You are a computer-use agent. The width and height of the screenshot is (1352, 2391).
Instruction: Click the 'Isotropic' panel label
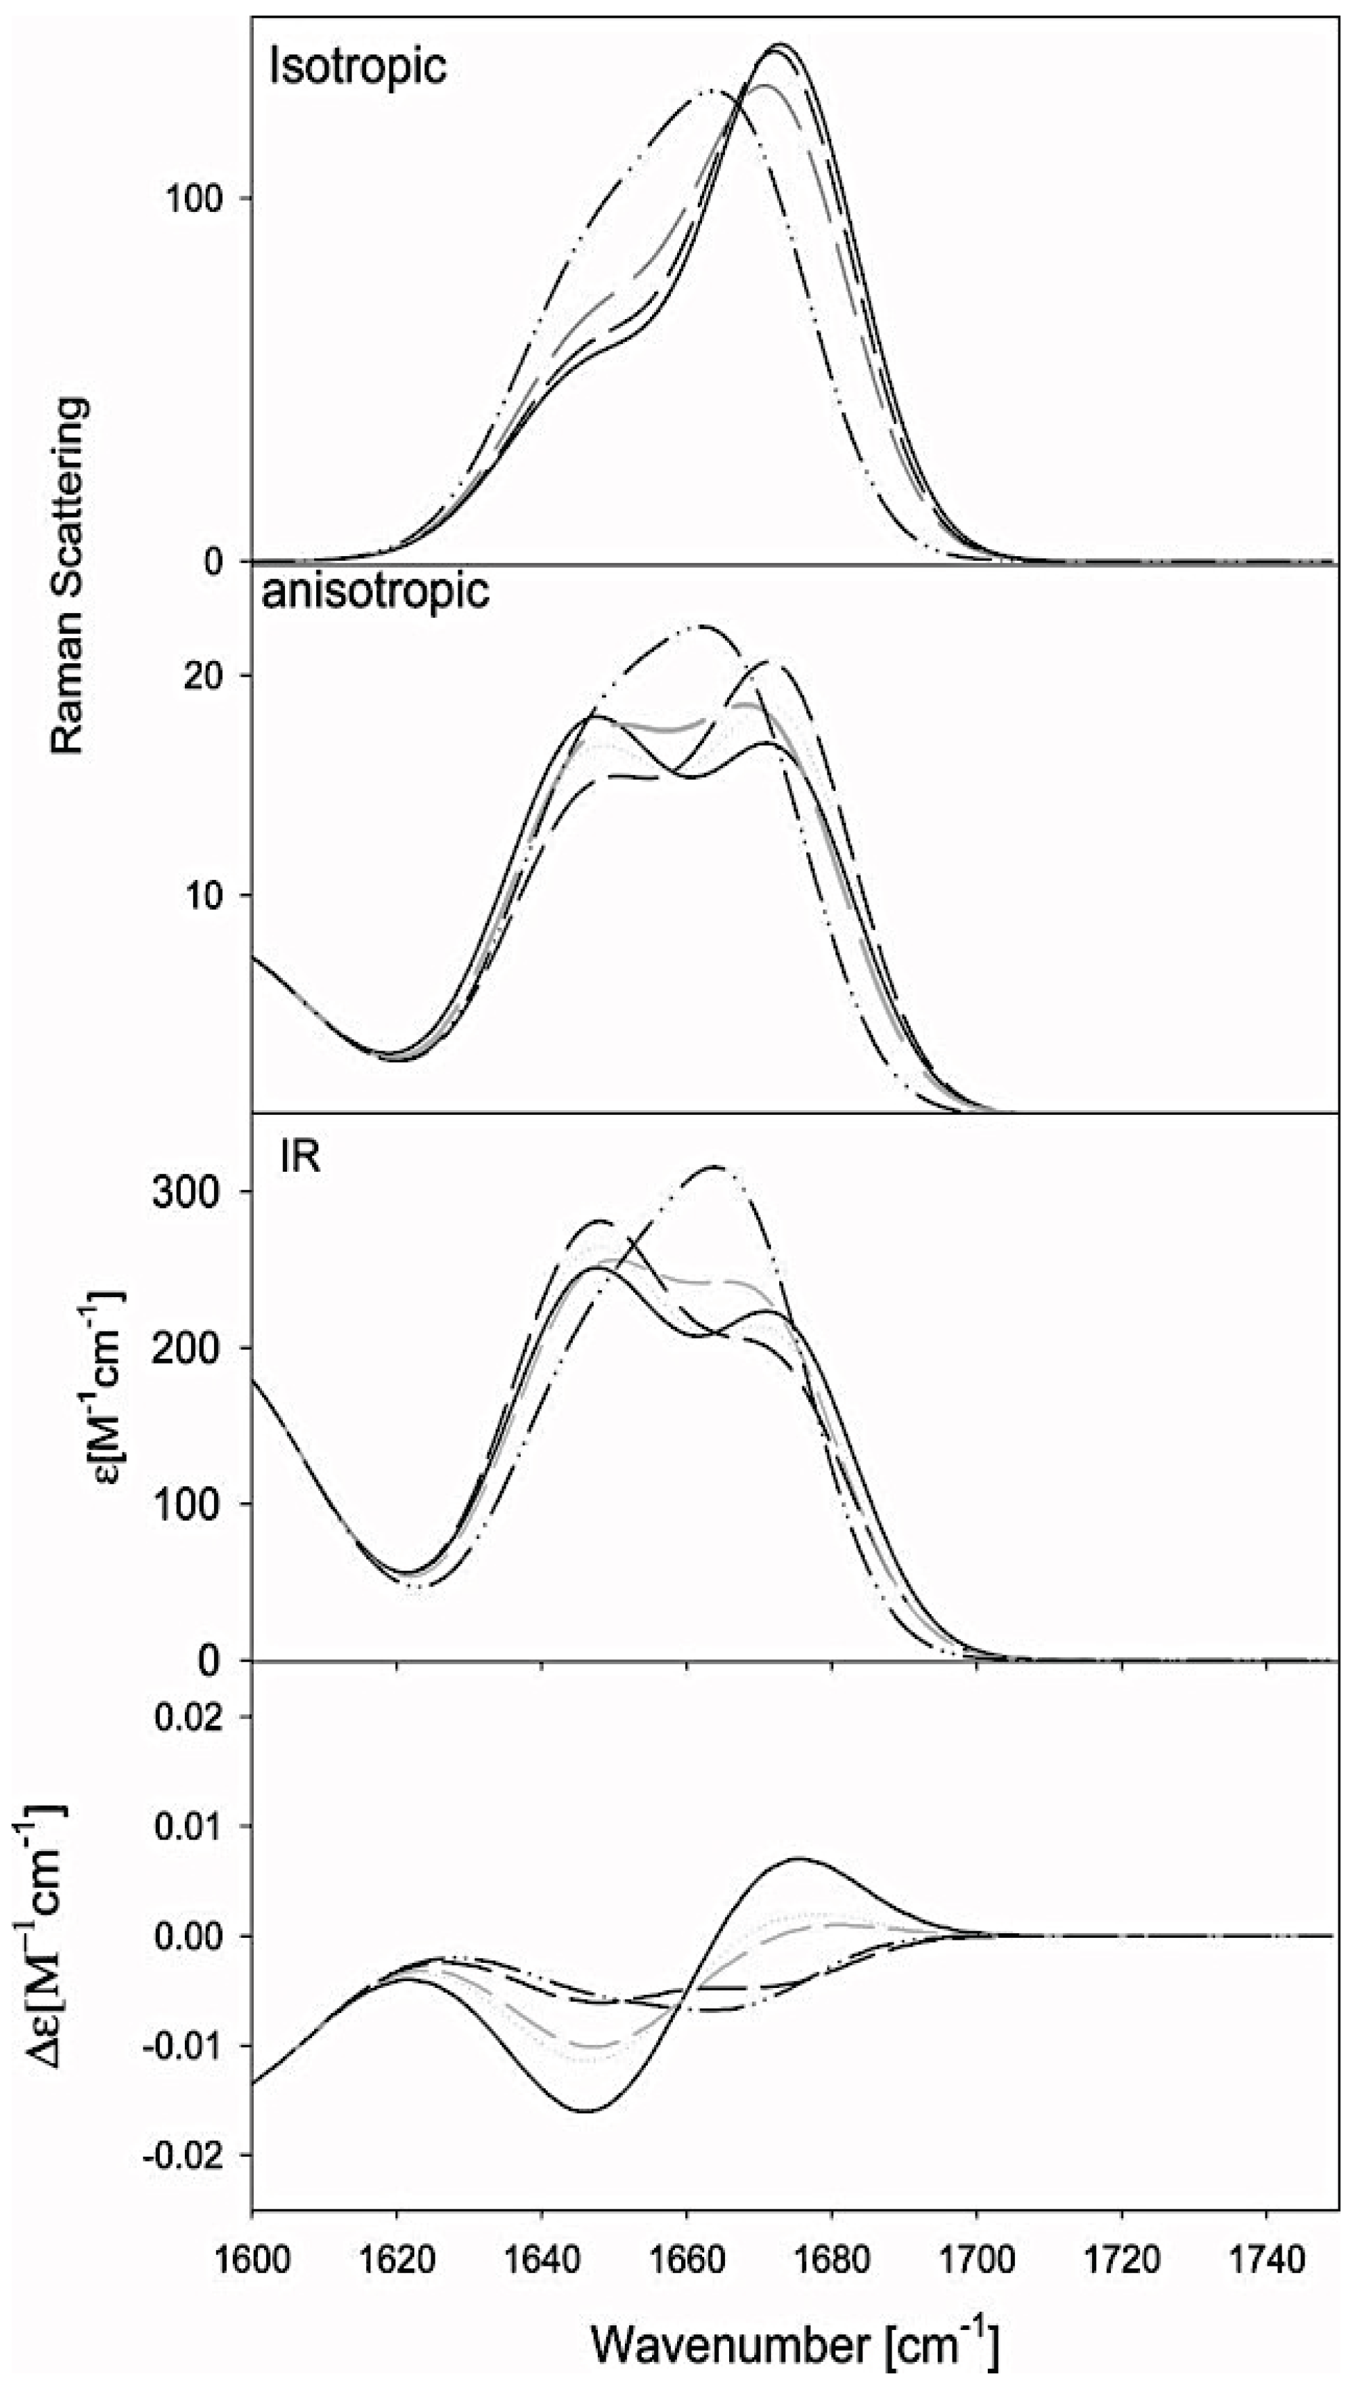coord(357,68)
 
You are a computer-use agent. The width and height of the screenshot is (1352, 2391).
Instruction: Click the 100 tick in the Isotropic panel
coord(195,198)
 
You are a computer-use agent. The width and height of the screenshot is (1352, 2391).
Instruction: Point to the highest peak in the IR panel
coord(712,1166)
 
